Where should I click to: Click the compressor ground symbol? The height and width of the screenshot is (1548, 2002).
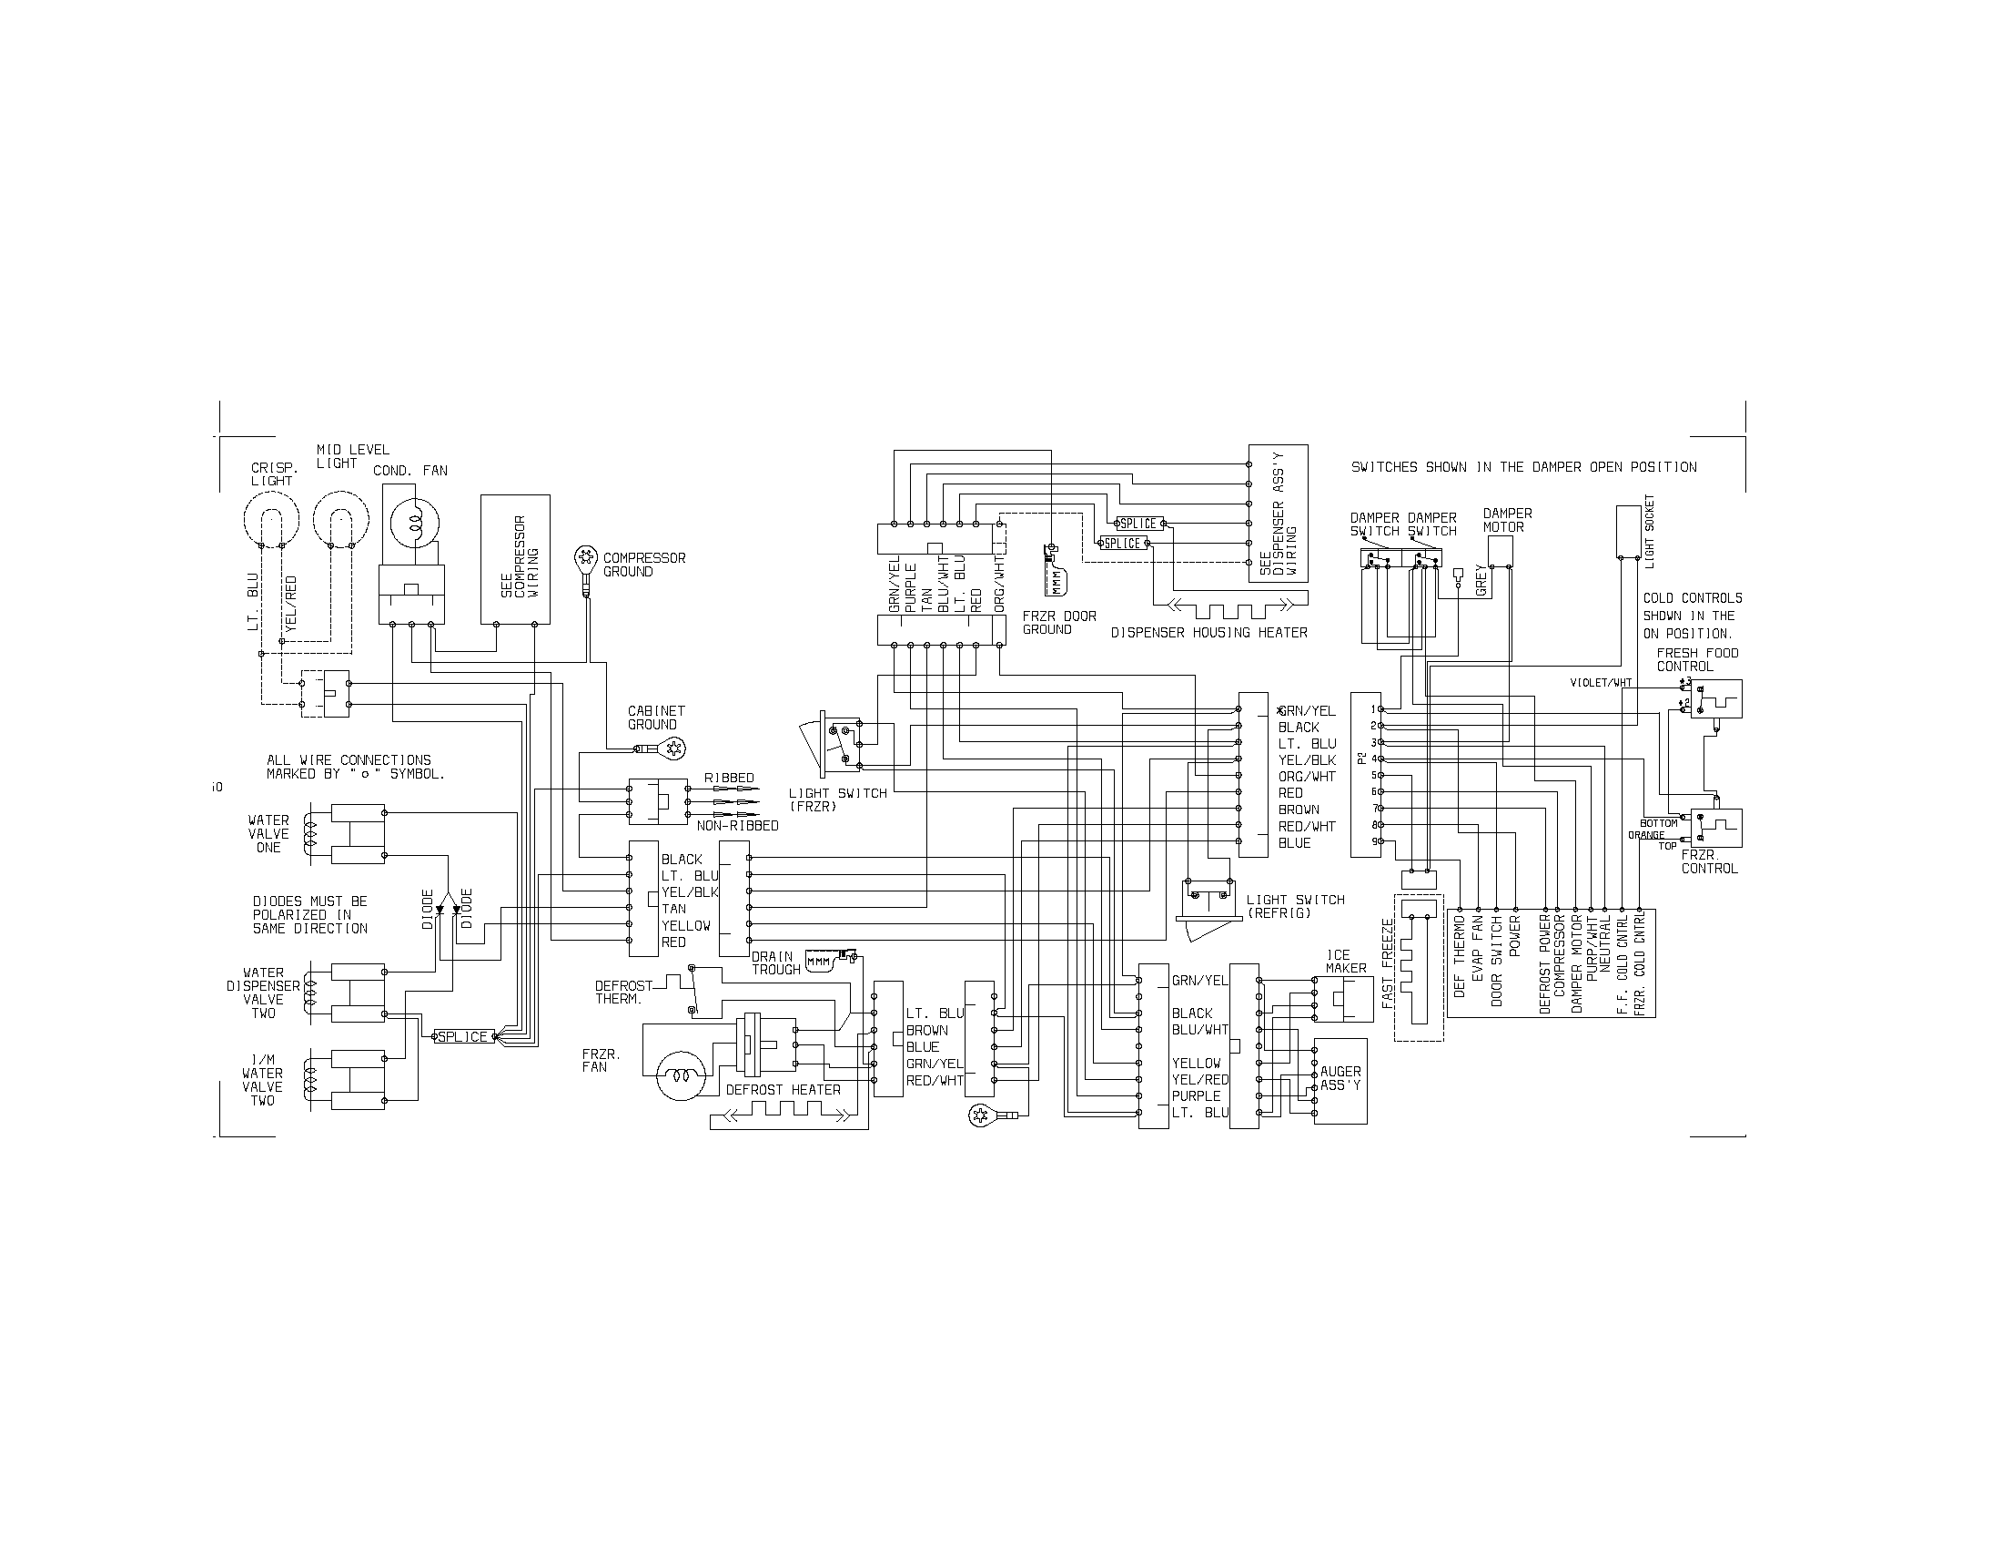(584, 556)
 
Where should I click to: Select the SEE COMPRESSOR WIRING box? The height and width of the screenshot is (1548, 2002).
(516, 559)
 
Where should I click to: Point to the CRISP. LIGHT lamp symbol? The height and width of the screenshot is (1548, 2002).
(271, 522)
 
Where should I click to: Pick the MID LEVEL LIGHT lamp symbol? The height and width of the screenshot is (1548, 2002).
(340, 522)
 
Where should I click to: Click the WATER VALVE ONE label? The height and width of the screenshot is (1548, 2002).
(268, 833)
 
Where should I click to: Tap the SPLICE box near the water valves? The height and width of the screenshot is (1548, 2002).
(463, 1036)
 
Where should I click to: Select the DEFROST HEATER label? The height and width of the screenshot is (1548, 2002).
(783, 1089)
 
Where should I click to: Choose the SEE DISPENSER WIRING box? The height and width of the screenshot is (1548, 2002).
(1279, 514)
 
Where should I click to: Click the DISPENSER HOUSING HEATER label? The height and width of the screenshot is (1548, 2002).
(1209, 633)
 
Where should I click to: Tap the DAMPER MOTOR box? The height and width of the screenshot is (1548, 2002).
(1499, 551)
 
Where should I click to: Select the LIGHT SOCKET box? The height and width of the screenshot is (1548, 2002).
(1628, 531)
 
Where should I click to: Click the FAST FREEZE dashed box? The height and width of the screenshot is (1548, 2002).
(1419, 966)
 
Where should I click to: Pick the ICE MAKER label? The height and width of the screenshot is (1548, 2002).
(1345, 961)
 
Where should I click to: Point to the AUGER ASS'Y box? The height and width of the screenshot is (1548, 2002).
(1340, 1080)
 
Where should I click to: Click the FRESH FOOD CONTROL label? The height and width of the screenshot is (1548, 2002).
(1697, 659)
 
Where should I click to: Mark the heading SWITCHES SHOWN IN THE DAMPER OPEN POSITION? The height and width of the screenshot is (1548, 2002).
(1523, 467)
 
